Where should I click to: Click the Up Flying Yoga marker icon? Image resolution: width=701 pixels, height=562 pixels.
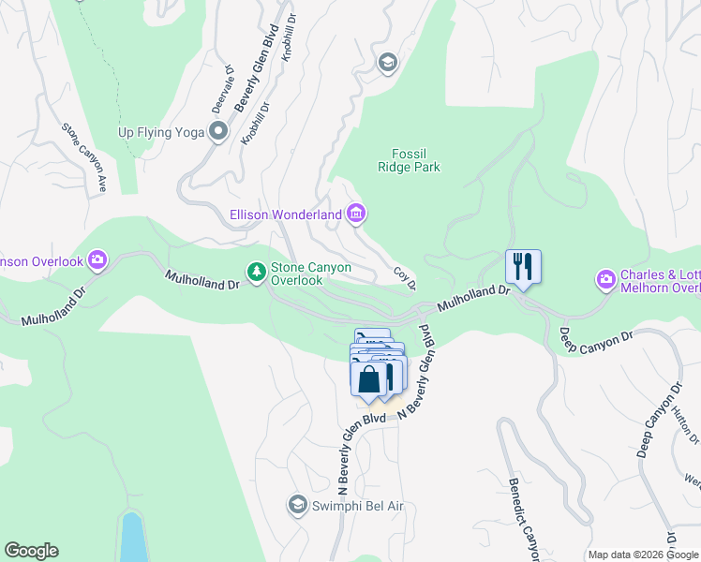coord(219,132)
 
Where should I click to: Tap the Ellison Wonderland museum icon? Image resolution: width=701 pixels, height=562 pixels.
coord(355,215)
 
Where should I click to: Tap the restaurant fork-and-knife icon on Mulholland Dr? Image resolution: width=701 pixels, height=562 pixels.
coord(523,266)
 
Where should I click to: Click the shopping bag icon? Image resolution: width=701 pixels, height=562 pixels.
coord(369,379)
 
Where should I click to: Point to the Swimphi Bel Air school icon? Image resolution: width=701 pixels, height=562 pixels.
coord(298,506)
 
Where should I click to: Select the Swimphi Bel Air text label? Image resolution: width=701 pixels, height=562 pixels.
coord(357,506)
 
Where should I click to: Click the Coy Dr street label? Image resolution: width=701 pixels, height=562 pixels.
coord(404,277)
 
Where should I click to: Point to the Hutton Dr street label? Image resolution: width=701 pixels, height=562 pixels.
coord(691,422)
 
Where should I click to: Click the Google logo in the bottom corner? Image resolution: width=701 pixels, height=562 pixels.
coord(31,551)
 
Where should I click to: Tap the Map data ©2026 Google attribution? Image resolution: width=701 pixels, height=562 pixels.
coord(642,555)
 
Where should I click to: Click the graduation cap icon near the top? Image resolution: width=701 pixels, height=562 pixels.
coord(386,63)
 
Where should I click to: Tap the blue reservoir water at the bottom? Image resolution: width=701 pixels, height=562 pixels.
coord(133,539)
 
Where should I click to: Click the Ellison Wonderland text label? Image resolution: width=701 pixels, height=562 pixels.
coord(286,215)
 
